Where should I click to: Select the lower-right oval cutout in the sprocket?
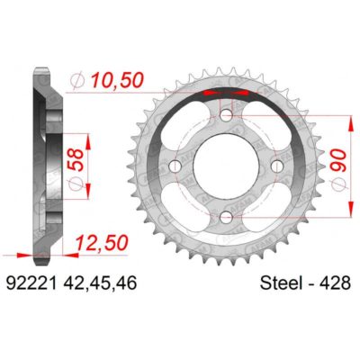coord(262,209)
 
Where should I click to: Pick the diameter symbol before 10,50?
coord(79,82)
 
